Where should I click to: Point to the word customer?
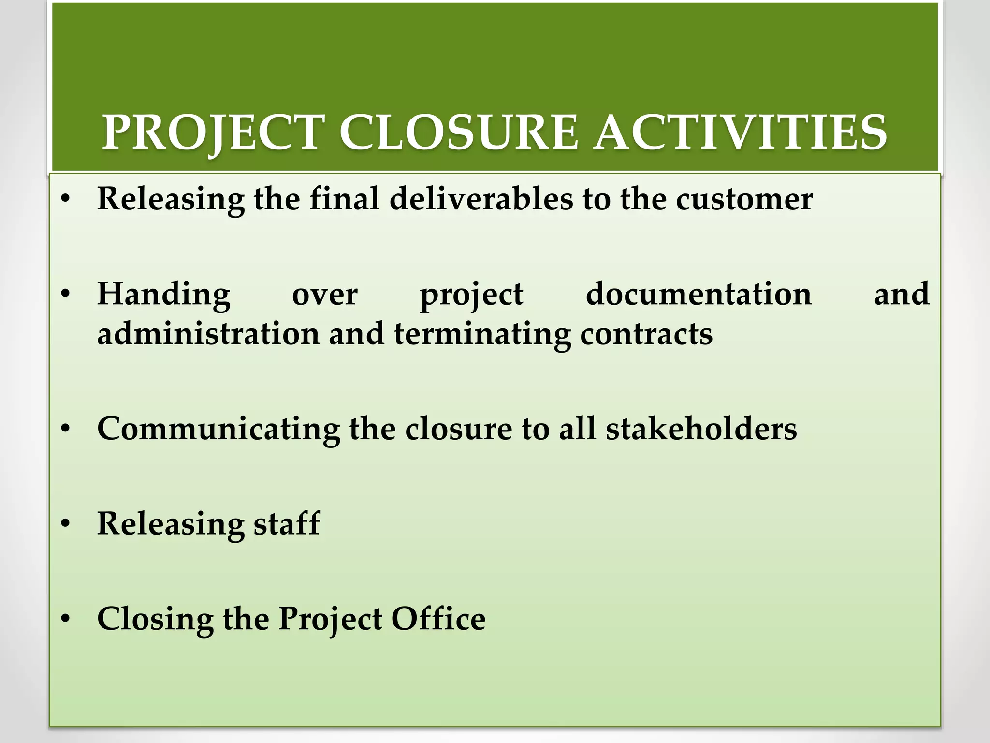[744, 200]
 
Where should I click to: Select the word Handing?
[164, 295]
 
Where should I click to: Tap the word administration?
[208, 334]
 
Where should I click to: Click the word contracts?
[646, 334]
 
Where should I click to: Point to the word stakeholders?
[701, 429]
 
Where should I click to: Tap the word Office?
[438, 619]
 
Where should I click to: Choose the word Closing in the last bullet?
[155, 620]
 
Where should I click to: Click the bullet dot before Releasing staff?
[66, 524]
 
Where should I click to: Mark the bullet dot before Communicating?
[66, 429]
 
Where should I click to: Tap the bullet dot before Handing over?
[66, 294]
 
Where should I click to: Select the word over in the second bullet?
[325, 295]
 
